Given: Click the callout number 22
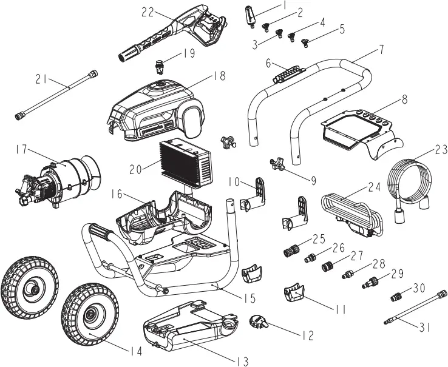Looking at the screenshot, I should pos(148,12).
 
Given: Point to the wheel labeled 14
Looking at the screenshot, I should pos(90,315).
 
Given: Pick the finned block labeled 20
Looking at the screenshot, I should pos(186,163).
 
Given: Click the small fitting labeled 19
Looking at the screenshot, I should pos(161,62).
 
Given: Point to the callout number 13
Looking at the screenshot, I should pos(242,362).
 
